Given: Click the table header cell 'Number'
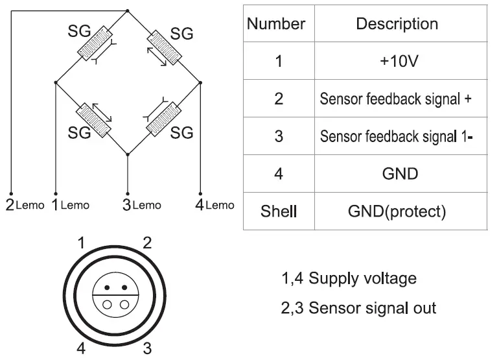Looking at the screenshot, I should pos(276,25).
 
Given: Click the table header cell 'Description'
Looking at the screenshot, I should pos(397,25).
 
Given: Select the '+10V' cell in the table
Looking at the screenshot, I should pos(397,62).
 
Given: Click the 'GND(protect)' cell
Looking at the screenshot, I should pos(397,211).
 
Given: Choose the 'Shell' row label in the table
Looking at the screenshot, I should pos(278,211).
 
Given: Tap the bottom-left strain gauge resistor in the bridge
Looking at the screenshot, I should pos(93,119).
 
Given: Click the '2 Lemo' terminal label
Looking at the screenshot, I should pos(25,205).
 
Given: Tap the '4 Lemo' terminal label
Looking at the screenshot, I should pos(215,205).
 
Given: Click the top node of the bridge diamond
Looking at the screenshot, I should pos(127,10).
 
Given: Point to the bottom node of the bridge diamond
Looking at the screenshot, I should pos(127,154).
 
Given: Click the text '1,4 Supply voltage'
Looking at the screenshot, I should pos(348,279).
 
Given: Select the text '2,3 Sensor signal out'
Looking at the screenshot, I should pos(358,307).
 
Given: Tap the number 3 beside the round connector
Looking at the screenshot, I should pos(147,348).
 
